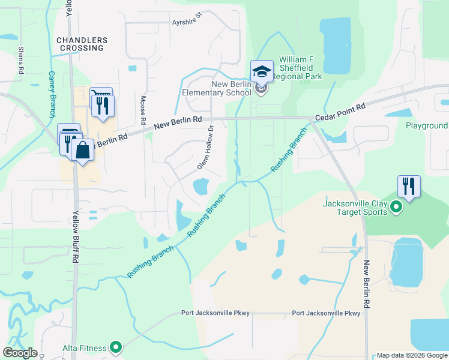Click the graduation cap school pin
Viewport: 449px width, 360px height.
click(x=262, y=73)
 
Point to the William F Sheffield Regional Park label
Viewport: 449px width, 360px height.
click(x=300, y=68)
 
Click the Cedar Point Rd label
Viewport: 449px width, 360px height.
click(x=340, y=112)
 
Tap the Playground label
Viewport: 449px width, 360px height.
click(x=426, y=126)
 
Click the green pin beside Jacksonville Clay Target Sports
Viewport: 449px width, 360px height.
click(x=396, y=208)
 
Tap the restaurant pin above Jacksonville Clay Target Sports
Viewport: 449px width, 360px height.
click(x=409, y=186)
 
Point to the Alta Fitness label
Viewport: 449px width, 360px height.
click(x=84, y=347)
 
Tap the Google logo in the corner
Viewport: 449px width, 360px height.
click(x=20, y=353)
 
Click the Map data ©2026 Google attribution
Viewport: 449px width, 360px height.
click(x=412, y=355)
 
